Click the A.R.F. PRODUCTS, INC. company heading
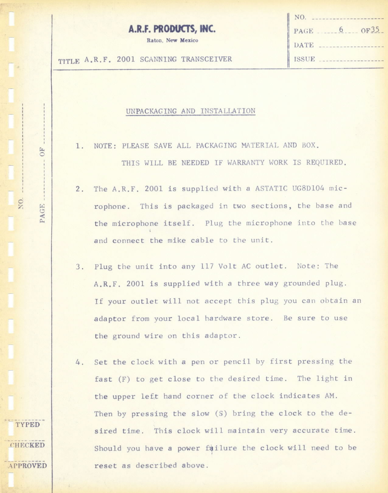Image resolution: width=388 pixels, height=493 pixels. [x=172, y=29]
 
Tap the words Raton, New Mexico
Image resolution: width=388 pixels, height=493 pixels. [x=172, y=40]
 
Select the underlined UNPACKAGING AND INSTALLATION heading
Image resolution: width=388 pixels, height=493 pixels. [x=191, y=111]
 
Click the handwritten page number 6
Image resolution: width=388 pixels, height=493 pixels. [x=341, y=30]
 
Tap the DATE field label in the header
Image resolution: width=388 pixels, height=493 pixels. [x=304, y=45]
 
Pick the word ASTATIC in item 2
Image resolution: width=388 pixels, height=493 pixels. [x=271, y=188]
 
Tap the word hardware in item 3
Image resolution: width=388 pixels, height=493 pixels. [x=223, y=318]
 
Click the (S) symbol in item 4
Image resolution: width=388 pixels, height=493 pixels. [x=221, y=414]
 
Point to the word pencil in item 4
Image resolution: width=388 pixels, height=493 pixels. [x=237, y=362]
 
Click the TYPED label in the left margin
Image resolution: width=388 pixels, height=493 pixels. [x=28, y=425]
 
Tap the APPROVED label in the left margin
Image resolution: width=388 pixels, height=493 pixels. [x=28, y=466]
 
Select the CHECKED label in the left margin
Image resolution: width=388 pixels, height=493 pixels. [x=28, y=445]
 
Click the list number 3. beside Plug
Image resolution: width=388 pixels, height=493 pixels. [x=80, y=267]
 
